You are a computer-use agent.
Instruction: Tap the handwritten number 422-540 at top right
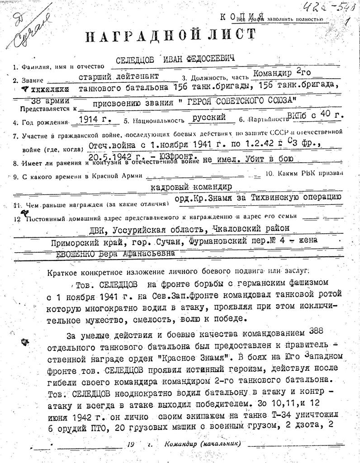[325, 7]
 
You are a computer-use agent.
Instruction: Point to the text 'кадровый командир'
[191, 186]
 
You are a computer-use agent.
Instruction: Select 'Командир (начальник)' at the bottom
[203, 444]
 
